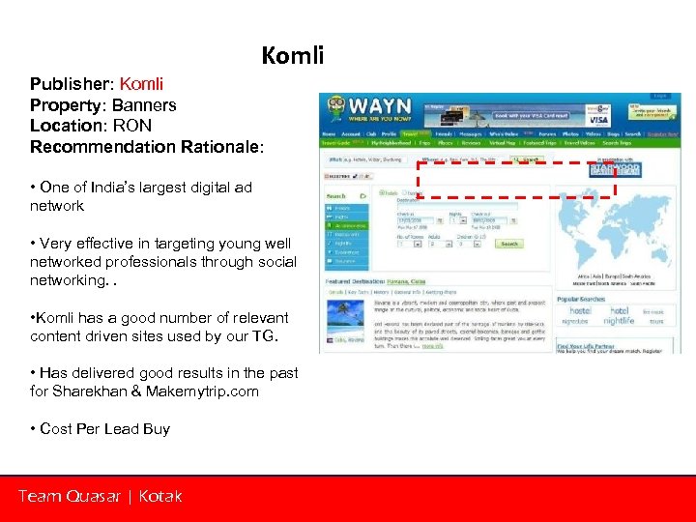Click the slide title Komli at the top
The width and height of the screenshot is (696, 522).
tap(292, 56)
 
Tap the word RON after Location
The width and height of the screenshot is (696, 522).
tap(131, 126)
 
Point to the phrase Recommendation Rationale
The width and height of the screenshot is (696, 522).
tap(146, 147)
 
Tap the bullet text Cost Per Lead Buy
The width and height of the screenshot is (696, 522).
tap(104, 428)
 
